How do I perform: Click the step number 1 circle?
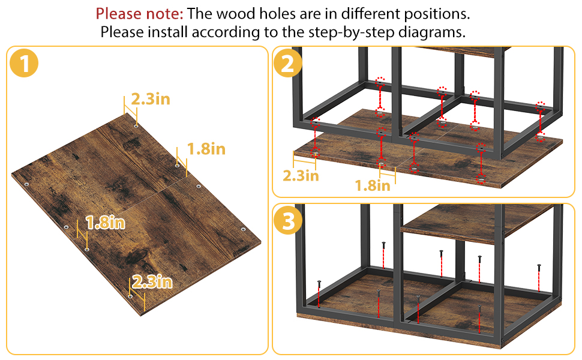click(24, 63)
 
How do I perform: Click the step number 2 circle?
click(288, 63)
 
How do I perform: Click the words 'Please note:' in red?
click(140, 14)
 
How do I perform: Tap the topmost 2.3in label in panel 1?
click(151, 100)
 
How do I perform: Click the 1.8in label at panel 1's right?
click(206, 149)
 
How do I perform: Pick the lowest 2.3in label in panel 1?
click(152, 282)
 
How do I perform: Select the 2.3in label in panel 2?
click(301, 176)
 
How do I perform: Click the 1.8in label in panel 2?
click(373, 185)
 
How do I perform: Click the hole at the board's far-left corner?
click(27, 184)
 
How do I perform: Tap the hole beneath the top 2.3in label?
click(136, 126)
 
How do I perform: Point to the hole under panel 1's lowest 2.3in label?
click(130, 296)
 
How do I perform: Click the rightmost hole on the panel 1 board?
click(244, 229)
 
